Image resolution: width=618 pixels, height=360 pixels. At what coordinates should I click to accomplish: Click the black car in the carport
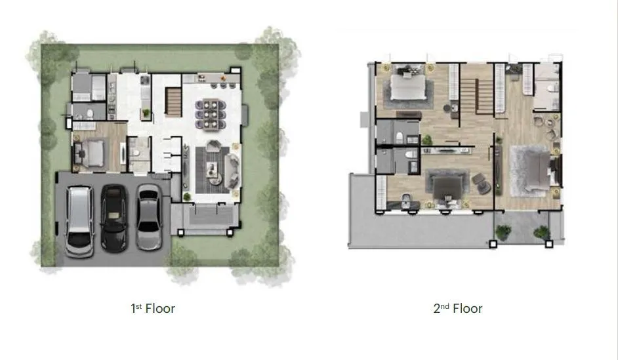114,218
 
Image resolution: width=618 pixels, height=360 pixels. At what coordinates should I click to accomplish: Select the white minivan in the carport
79,222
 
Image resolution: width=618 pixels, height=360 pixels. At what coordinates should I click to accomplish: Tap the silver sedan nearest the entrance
148,217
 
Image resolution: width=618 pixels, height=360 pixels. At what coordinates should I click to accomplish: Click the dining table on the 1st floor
211,114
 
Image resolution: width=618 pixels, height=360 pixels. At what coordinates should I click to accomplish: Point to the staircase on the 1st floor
173,102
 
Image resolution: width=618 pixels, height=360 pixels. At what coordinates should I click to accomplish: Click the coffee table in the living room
213,169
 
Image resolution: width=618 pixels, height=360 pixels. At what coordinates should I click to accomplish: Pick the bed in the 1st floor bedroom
94,153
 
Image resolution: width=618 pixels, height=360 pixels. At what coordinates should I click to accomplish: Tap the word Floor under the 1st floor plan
160,308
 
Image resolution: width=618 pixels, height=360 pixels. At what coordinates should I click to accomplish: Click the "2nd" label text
441,308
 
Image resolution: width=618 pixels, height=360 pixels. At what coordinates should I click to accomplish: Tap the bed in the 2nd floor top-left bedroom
408,86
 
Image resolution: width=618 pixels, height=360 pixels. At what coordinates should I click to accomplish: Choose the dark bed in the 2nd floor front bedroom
447,189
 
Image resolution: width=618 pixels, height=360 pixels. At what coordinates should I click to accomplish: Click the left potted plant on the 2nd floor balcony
503,232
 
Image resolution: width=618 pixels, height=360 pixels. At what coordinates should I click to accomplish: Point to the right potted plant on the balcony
542,232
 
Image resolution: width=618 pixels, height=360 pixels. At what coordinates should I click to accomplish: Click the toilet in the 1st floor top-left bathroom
90,114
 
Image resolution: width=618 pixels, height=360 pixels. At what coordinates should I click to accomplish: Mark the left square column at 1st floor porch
180,233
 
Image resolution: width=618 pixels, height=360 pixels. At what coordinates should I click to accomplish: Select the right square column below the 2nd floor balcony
548,244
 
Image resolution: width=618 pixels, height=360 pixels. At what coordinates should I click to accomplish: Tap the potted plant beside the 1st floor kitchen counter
146,113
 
